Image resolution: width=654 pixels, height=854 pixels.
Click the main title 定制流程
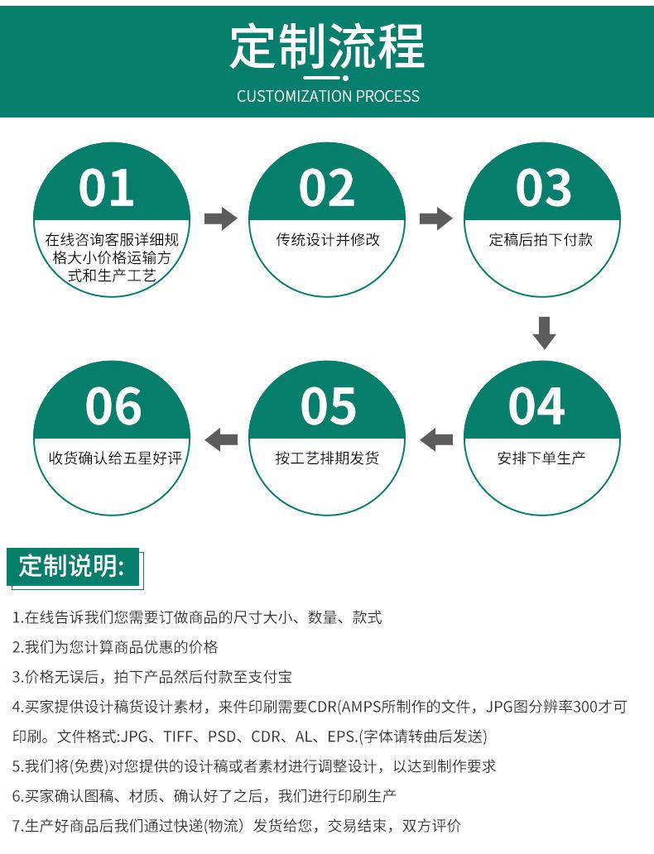[327, 46]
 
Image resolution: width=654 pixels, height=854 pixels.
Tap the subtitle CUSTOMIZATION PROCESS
[328, 96]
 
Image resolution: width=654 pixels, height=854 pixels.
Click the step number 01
[107, 188]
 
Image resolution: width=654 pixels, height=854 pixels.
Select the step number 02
[327, 188]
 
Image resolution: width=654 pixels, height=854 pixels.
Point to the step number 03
[543, 188]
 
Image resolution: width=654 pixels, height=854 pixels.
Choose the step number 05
[328, 406]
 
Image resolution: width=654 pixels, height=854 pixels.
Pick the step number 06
[113, 406]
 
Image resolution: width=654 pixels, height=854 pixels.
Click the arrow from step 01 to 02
[220, 219]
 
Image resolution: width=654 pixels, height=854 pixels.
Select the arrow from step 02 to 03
[435, 219]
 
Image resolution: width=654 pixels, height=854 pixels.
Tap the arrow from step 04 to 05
[436, 439]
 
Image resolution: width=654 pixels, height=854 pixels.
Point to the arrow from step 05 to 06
[221, 439]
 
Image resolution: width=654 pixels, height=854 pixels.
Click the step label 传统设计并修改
[328, 240]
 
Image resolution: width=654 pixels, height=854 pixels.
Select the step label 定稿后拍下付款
[541, 240]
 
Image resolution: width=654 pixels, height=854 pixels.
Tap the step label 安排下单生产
[541, 458]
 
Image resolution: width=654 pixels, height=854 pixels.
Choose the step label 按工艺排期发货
[328, 458]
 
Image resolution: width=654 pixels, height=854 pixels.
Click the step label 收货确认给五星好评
[114, 458]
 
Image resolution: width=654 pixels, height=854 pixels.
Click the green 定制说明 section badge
[73, 567]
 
